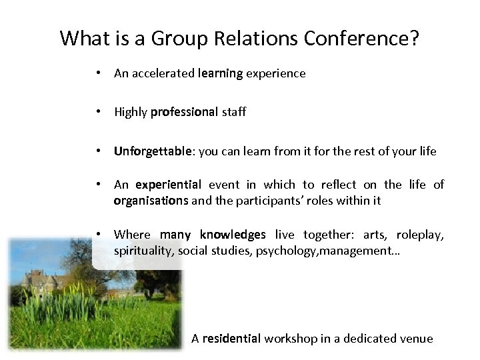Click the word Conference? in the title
click(x=361, y=38)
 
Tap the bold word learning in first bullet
click(x=221, y=74)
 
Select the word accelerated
click(x=163, y=74)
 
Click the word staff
click(x=233, y=113)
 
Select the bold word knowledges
click(x=233, y=234)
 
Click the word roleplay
click(x=420, y=234)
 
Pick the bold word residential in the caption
click(x=231, y=339)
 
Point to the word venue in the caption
click(x=417, y=339)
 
